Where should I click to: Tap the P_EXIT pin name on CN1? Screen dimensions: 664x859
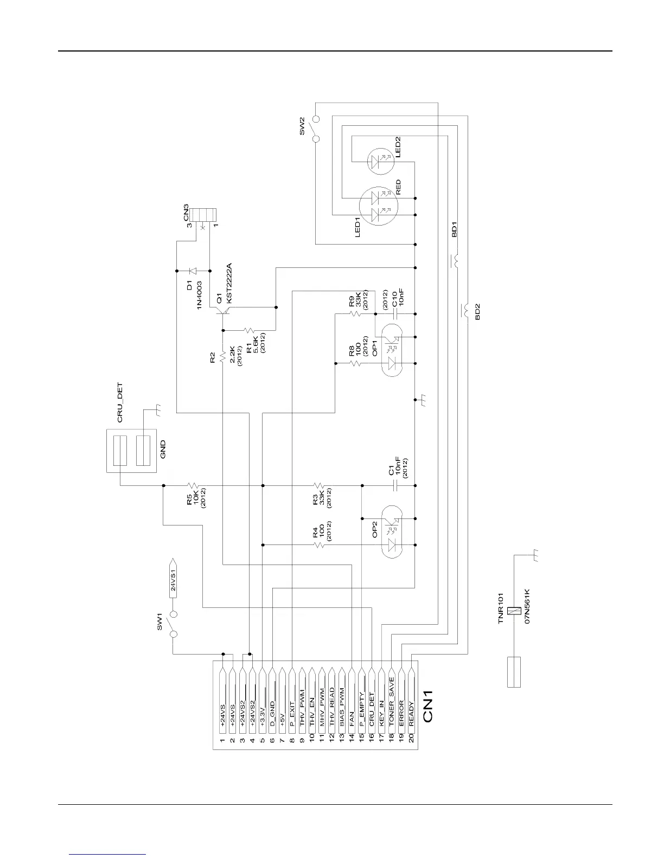point(292,714)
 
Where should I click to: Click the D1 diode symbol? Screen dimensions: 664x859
point(193,270)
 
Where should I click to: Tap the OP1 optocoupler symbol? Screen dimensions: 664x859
point(391,350)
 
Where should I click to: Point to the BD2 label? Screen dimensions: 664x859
point(477,312)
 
